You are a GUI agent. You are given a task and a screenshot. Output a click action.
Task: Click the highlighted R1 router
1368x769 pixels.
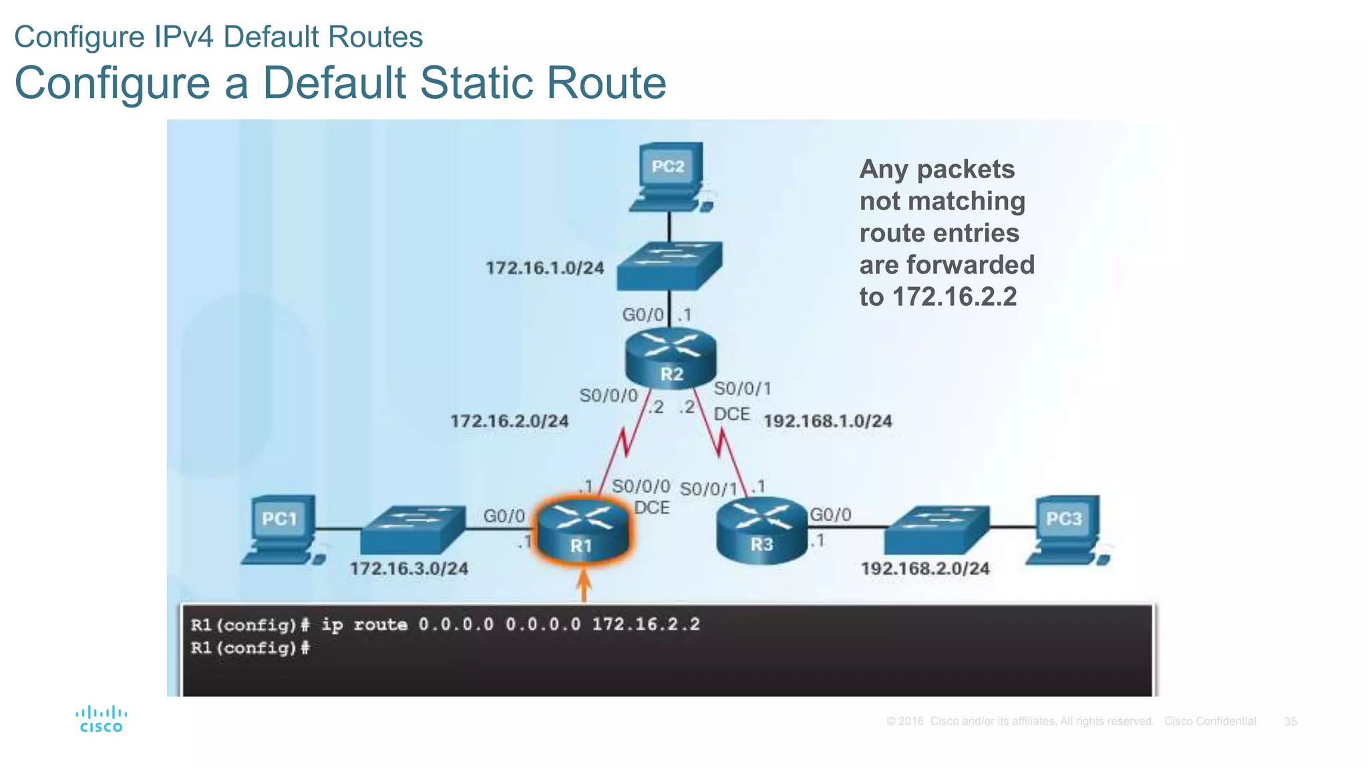click(x=582, y=531)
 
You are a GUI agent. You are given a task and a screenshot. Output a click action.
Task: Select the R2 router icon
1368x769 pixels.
click(x=671, y=358)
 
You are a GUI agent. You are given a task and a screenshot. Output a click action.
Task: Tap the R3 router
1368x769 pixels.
click(x=762, y=530)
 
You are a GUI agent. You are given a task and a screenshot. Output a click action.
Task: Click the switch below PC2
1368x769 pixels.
click(x=669, y=266)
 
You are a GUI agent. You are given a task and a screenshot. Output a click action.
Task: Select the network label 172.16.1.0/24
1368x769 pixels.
click(x=544, y=268)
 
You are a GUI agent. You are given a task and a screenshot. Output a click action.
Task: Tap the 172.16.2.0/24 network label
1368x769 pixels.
click(x=509, y=421)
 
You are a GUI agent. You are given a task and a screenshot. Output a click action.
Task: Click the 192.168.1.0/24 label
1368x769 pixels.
click(x=828, y=421)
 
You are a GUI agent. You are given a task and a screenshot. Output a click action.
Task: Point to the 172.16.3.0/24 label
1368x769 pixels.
click(x=409, y=569)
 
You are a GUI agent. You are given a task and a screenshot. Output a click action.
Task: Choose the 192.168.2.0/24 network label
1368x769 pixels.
click(x=925, y=569)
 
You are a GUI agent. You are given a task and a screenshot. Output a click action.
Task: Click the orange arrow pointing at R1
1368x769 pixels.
click(x=584, y=585)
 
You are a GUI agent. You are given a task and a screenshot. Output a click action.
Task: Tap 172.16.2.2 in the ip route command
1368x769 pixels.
click(x=646, y=625)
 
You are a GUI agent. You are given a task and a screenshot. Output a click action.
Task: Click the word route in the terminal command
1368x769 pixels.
click(x=380, y=625)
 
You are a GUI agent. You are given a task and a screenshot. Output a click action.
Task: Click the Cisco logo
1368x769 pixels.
click(x=101, y=720)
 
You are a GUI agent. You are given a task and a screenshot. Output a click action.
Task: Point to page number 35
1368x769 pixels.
click(x=1290, y=722)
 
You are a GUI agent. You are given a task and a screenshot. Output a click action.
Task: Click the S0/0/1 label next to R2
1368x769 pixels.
click(x=742, y=389)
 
